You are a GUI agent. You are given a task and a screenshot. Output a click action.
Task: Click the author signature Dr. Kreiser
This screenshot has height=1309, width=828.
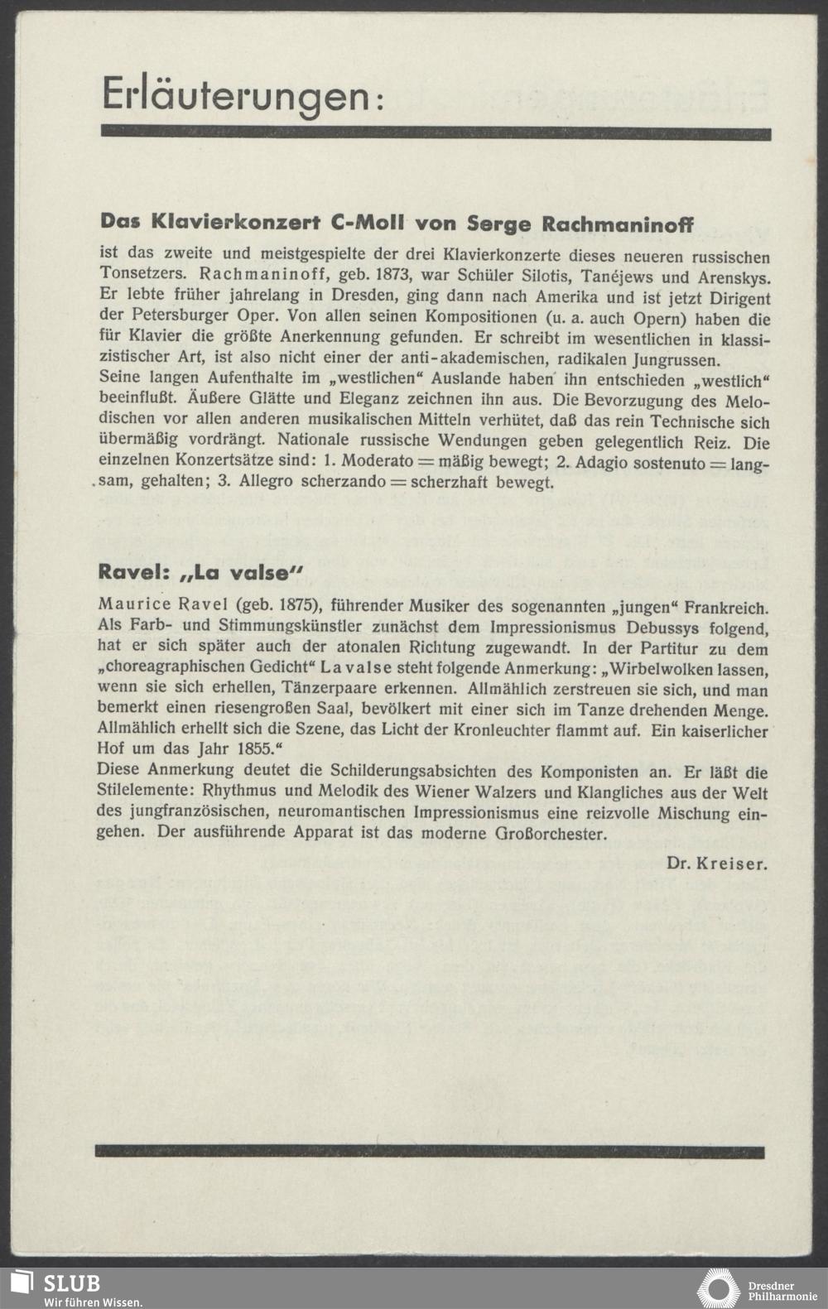pyautogui.click(x=716, y=863)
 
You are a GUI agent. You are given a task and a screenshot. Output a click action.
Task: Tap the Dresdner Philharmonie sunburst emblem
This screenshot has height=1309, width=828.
pyautogui.click(x=718, y=1289)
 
